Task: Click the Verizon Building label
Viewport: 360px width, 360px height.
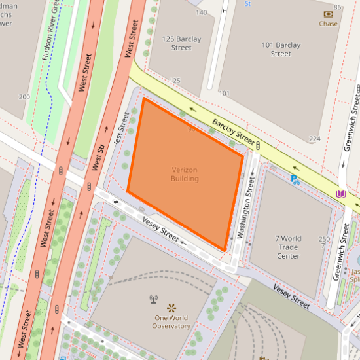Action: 184,174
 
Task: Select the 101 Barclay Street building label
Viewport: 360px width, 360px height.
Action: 280,49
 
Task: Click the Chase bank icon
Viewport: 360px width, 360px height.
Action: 328,14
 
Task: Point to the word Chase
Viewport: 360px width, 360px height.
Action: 328,24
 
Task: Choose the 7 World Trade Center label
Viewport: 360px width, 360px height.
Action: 288,247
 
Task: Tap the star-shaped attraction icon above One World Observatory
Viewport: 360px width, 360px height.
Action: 172,307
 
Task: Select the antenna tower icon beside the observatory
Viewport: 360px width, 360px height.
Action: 154,300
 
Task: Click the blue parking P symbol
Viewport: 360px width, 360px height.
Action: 295,178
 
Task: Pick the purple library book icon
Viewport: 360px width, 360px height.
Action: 340,194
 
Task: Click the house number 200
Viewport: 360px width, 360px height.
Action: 25,97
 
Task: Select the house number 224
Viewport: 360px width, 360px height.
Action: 315,139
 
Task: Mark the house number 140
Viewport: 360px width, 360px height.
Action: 201,12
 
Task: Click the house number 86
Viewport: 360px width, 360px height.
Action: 338,7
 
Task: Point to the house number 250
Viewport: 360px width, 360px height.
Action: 323,239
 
